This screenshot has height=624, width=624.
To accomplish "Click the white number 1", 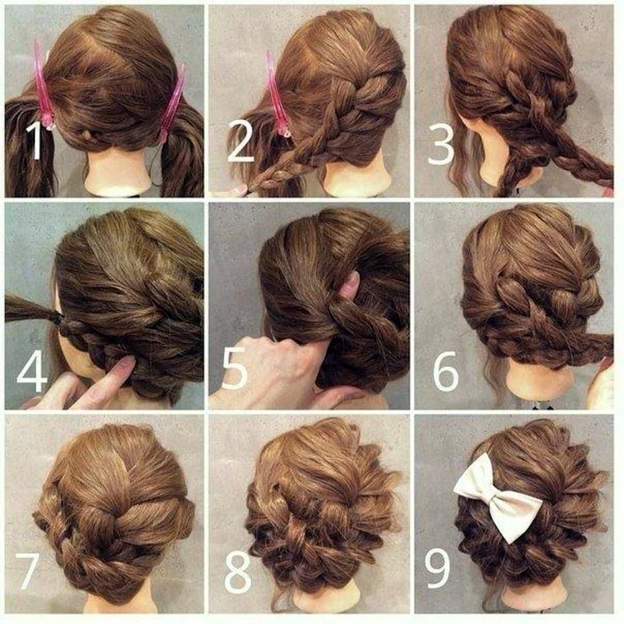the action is coord(35,142).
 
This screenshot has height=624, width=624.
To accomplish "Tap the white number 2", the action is coord(241,142).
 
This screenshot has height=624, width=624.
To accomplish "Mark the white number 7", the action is coord(27,571).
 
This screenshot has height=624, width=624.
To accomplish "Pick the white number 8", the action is coord(238,571).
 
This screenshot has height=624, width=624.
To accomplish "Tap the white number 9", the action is coord(438,568).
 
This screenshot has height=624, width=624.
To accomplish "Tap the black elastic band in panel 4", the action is coord(60,319).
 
